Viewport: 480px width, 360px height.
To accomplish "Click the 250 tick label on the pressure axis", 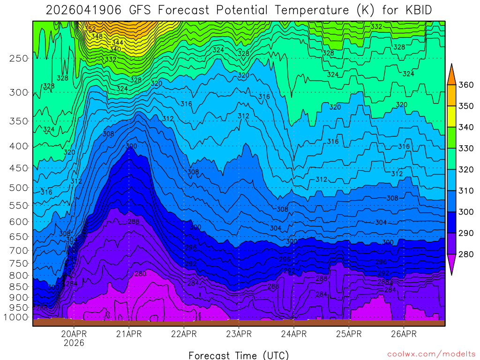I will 18,59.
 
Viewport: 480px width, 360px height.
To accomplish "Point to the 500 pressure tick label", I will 18,188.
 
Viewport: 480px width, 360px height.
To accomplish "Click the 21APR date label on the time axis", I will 129,334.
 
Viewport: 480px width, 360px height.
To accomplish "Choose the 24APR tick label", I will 294,334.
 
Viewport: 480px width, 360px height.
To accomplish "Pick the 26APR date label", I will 404,334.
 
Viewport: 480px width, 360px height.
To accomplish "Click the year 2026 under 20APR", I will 74,343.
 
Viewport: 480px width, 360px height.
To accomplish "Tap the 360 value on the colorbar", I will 465,85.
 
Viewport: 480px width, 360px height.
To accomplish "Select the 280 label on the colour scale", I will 465,255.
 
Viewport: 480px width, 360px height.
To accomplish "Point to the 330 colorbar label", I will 465,149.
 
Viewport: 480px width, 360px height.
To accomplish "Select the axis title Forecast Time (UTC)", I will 239,355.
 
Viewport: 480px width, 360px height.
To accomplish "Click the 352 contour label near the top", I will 90,29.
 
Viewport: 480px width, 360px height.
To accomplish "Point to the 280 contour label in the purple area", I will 140,274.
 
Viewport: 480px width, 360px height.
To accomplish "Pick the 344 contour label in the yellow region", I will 117,43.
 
